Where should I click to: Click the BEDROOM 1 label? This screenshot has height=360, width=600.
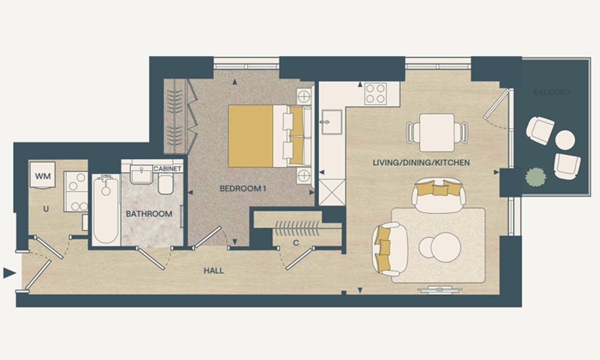[243, 189]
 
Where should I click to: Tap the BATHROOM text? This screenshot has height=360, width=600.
[149, 214]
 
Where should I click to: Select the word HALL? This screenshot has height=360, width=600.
[214, 271]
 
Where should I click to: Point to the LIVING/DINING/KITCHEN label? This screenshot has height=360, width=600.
[421, 162]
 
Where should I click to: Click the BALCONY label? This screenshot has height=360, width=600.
[552, 92]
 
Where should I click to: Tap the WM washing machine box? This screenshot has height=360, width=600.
[43, 175]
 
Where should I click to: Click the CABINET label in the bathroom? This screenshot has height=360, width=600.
[167, 169]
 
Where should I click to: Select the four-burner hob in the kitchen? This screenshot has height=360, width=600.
[375, 93]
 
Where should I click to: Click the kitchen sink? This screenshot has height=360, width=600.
[332, 122]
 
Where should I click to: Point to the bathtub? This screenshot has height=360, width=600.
[106, 209]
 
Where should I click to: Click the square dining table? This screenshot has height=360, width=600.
[437, 132]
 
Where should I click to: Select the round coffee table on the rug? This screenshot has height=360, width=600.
[445, 247]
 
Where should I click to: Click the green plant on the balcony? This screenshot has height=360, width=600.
[535, 177]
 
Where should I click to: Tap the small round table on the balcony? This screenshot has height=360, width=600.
[565, 140]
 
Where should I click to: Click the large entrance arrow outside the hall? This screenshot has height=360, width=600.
[9, 273]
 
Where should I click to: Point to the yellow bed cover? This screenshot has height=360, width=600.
[250, 136]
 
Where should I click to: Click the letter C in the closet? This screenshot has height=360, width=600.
[295, 243]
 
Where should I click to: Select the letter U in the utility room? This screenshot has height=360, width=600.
[46, 209]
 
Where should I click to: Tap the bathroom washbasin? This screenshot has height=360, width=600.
[141, 174]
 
